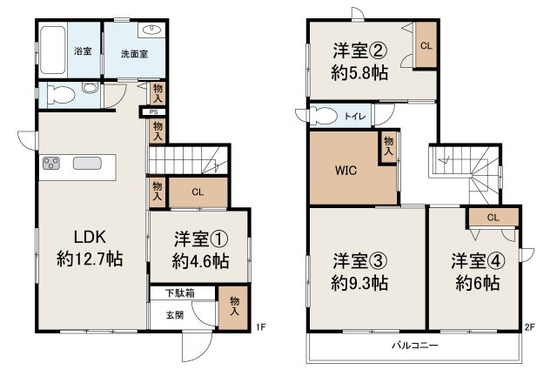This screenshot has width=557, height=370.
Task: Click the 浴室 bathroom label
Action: click(84, 51)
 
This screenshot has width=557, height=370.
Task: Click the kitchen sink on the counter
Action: click(87, 163)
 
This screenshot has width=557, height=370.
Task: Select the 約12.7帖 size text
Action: click(87, 259)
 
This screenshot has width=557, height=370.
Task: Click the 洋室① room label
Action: click(200, 238)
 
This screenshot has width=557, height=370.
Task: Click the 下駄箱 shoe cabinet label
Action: click(181, 293)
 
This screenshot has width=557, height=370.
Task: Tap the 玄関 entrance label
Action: click(176, 315)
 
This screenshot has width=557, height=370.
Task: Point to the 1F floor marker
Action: click(260, 328)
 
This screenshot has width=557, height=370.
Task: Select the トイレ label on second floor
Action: click(357, 115)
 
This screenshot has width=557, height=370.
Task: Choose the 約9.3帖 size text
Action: click(359, 282)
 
